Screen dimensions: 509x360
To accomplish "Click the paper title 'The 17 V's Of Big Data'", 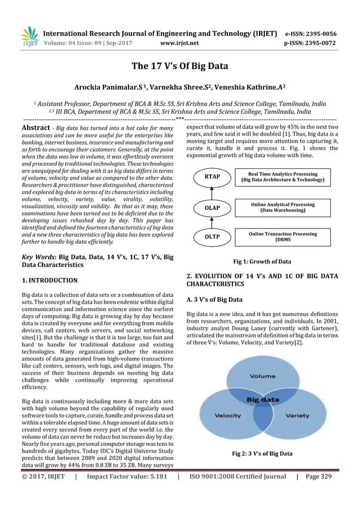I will point(179,67).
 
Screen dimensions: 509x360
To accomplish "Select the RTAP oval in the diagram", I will point(212,177).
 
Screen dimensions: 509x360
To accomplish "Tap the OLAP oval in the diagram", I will point(212,207).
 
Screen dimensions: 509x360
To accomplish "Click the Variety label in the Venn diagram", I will point(297,416).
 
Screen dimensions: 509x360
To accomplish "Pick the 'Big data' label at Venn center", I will point(261,400).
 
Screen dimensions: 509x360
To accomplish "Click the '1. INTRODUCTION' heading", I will point(50,280).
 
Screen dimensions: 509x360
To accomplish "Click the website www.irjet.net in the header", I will point(179,42).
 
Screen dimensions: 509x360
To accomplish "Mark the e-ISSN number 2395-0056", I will point(318,32).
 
